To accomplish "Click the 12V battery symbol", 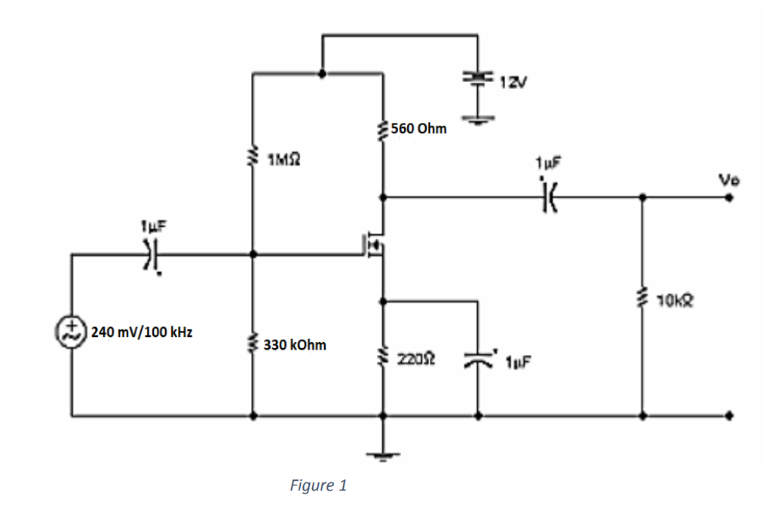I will point(476,78).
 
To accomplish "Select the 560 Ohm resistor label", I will point(418,129).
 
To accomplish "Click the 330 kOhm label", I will point(295,345).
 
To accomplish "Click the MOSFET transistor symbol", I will point(375,245).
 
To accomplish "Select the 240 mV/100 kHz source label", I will point(141,332).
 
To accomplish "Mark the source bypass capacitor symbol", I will point(478,361).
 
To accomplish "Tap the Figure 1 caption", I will point(318,486).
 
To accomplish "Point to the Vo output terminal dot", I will point(729,198).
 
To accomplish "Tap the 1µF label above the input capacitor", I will point(150,226).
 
